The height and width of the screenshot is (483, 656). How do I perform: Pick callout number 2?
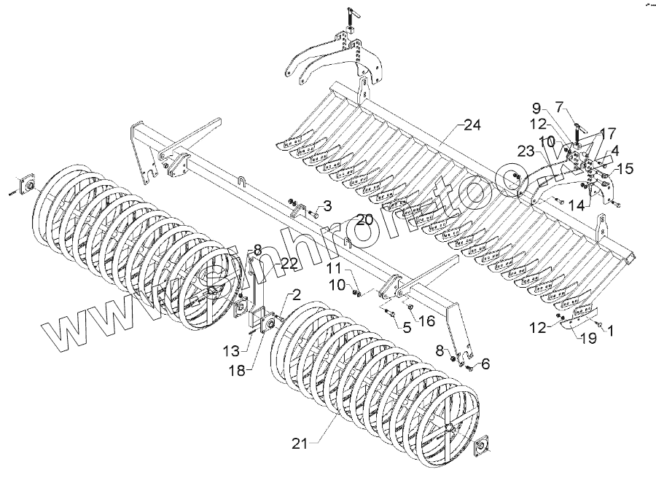pos(296,294)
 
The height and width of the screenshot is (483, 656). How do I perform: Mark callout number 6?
pos(486,364)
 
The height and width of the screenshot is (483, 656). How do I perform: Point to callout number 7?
pos(579,105)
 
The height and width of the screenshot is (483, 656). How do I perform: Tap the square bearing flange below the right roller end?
pos(482,446)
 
